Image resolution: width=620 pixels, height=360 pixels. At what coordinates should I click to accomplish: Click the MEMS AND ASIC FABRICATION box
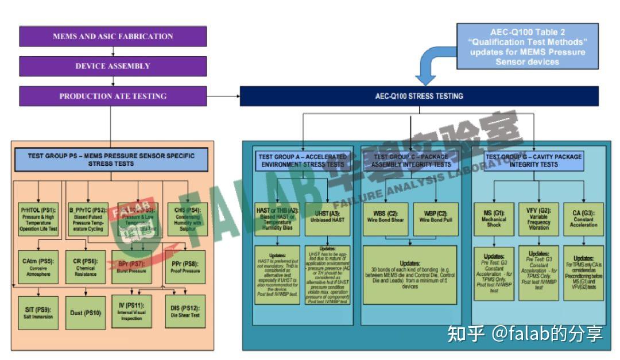click(x=113, y=36)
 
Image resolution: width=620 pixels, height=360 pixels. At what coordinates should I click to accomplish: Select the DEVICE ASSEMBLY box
click(x=113, y=66)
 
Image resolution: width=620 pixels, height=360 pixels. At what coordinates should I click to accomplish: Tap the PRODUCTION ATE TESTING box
click(x=113, y=96)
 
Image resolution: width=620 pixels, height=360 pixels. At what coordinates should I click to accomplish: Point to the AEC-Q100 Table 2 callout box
click(x=527, y=47)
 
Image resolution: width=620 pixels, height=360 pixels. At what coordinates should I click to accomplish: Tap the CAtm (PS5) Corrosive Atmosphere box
click(x=37, y=267)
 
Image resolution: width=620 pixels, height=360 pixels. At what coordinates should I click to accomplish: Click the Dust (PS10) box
click(x=86, y=313)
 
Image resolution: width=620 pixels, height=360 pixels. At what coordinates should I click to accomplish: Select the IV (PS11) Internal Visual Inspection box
click(x=131, y=311)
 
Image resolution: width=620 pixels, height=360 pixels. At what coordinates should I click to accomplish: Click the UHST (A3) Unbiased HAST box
click(x=328, y=219)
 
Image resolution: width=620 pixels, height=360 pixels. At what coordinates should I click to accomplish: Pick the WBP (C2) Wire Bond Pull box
click(x=437, y=219)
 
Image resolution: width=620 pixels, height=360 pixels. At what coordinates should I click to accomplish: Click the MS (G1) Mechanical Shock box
click(x=493, y=219)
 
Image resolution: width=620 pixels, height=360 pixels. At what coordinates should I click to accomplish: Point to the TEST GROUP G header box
click(x=534, y=160)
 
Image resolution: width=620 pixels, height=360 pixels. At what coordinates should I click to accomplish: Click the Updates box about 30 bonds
click(x=410, y=274)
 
